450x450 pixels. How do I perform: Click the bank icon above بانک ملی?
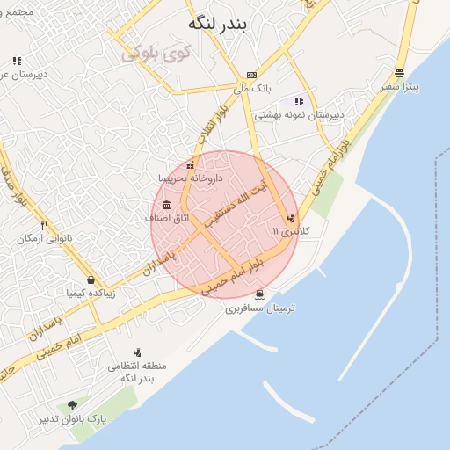click(252, 75)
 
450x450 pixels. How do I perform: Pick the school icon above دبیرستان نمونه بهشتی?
click(299, 101)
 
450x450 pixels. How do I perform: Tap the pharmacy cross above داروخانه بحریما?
click(192, 164)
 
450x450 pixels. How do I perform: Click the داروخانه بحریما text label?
click(191, 178)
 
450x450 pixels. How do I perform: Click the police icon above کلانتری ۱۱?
click(291, 217)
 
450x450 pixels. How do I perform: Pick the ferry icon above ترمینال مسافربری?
click(259, 294)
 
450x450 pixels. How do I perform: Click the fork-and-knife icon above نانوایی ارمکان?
click(44, 225)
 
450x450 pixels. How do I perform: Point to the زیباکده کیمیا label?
click(92, 294)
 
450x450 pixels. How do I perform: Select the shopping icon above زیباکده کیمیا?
click(91, 279)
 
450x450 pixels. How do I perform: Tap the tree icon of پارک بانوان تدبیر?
click(72, 405)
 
